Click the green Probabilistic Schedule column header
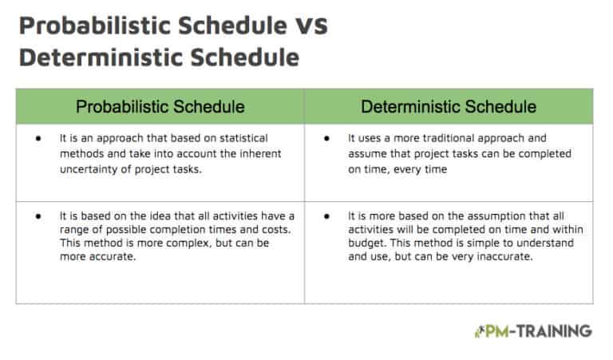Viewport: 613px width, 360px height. (x=160, y=106)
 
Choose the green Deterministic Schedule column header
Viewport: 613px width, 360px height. (x=449, y=106)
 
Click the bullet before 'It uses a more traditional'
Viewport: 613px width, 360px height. (x=327, y=138)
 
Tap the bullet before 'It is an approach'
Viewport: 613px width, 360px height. (x=38, y=138)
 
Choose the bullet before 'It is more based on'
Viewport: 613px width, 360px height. (x=327, y=216)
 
